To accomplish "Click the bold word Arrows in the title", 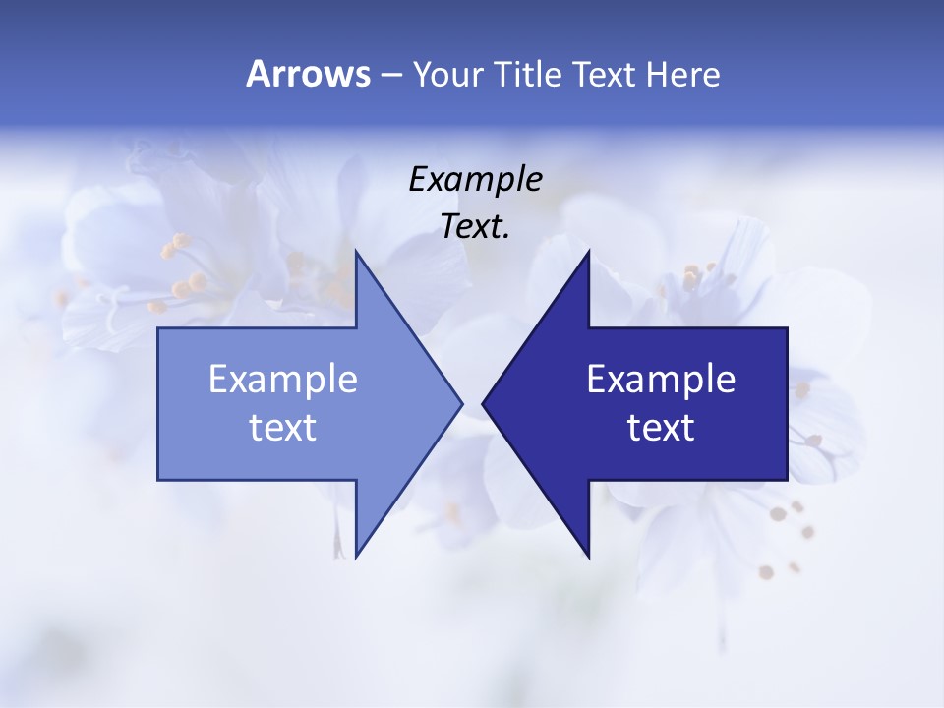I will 308,74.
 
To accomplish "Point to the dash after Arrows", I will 390,75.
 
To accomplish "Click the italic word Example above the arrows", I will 475,180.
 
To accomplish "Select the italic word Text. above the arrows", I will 475,227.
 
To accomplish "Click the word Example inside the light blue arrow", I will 282,380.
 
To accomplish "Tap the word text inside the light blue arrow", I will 282,428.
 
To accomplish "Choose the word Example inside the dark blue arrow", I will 661,380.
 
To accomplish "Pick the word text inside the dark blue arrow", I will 661,428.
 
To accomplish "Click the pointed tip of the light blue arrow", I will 461,403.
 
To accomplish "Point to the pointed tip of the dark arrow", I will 483,403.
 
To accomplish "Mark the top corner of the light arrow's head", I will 356,252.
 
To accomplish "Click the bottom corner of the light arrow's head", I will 356,557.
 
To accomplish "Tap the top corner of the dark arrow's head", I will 588,252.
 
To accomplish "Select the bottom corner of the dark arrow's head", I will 588,557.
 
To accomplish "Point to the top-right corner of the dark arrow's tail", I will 787,328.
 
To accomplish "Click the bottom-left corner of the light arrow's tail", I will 158,479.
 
